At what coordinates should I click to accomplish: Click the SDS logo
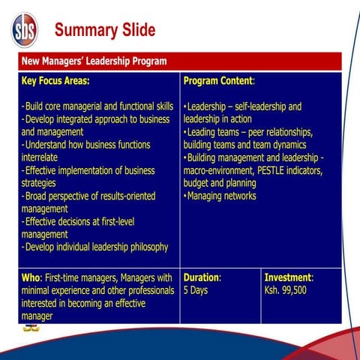[x=24, y=30]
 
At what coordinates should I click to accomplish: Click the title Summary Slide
[x=105, y=30]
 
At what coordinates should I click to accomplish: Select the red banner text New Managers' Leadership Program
[x=94, y=61]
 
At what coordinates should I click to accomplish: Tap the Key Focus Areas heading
[x=55, y=80]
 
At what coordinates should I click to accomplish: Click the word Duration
[x=201, y=277]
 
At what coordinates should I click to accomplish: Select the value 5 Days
[x=196, y=290]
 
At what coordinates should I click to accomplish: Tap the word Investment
[x=288, y=277]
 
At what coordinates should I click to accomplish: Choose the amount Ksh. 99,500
[x=286, y=290]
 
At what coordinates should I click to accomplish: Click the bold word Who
[x=31, y=277]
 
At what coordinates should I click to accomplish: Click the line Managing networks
[x=221, y=196]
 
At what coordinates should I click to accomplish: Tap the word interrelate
[x=44, y=157]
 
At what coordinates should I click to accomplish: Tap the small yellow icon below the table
[x=31, y=328]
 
